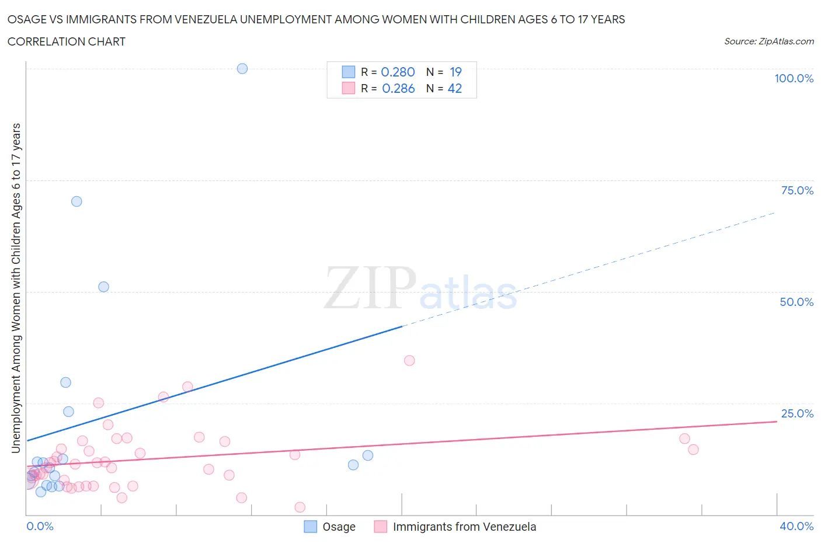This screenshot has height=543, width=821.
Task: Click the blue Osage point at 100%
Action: (242, 68)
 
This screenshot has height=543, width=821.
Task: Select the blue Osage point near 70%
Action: (76, 201)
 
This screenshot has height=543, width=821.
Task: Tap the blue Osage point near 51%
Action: (103, 287)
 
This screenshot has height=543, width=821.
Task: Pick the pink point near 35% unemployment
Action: (409, 360)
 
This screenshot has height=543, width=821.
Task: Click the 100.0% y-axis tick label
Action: (794, 78)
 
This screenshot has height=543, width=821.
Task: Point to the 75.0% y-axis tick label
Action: (796, 190)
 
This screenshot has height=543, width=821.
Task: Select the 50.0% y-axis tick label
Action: (796, 302)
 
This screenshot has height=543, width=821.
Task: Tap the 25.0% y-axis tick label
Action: (796, 413)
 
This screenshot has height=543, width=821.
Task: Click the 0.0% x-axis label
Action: (40, 526)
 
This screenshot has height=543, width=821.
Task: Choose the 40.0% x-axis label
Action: (796, 526)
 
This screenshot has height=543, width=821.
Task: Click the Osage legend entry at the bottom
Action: (339, 527)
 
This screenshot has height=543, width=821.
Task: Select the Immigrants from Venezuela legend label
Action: (464, 527)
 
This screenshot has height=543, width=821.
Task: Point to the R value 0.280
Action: (398, 72)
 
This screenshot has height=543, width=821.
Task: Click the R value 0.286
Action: (398, 88)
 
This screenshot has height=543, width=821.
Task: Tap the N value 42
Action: (454, 88)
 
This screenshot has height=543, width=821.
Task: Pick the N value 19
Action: (455, 72)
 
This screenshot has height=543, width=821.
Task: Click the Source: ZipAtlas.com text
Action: (768, 41)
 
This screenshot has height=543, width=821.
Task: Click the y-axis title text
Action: (16, 288)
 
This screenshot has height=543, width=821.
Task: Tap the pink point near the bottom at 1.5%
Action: (300, 507)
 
